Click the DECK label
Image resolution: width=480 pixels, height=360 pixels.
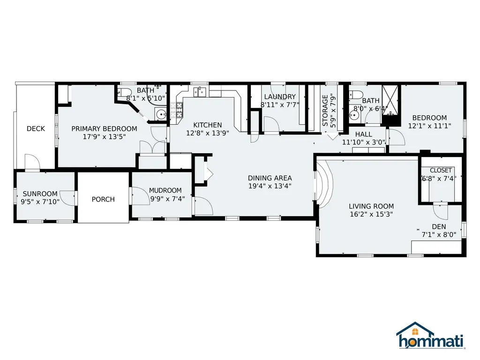point(36,128)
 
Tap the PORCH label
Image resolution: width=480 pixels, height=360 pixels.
point(103,199)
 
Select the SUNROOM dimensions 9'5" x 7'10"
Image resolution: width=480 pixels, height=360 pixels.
point(40,202)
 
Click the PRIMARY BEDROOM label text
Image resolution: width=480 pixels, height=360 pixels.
point(104,128)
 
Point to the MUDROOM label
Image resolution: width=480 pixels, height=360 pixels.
point(165,190)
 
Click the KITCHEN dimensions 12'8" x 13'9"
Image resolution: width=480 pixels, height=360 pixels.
point(208,133)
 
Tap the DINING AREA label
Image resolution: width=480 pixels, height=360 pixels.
point(270,178)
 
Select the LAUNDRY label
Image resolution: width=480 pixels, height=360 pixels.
point(280,97)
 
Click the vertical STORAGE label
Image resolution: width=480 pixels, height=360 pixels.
point(325,111)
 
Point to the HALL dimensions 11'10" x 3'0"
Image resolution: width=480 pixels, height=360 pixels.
point(363,142)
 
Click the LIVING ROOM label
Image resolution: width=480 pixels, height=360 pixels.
point(371,206)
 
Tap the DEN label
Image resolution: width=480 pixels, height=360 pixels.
point(439,227)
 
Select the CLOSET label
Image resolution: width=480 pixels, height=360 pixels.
point(441,170)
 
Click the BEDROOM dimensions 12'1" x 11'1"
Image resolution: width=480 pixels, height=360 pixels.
point(429,126)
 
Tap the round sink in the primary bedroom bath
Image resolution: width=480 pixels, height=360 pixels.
point(161,114)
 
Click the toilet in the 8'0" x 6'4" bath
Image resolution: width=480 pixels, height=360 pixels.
point(356,94)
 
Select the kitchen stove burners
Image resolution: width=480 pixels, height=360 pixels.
point(176,110)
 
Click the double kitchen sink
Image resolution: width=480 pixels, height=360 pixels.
point(199,92)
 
